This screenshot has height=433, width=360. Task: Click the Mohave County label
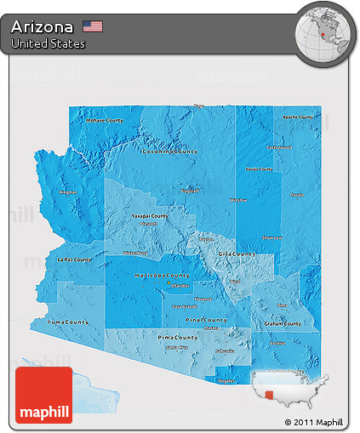point(105,121)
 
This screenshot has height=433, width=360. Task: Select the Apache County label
point(297,116)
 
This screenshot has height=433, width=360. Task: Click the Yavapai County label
point(150,216)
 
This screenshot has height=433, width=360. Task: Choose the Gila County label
point(236,254)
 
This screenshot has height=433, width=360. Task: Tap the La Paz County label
point(72,259)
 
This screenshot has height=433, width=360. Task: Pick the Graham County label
point(283,323)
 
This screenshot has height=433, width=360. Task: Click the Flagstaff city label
point(189,191)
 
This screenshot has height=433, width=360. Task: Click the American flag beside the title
point(93,26)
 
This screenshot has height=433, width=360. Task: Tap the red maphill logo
point(43,396)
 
